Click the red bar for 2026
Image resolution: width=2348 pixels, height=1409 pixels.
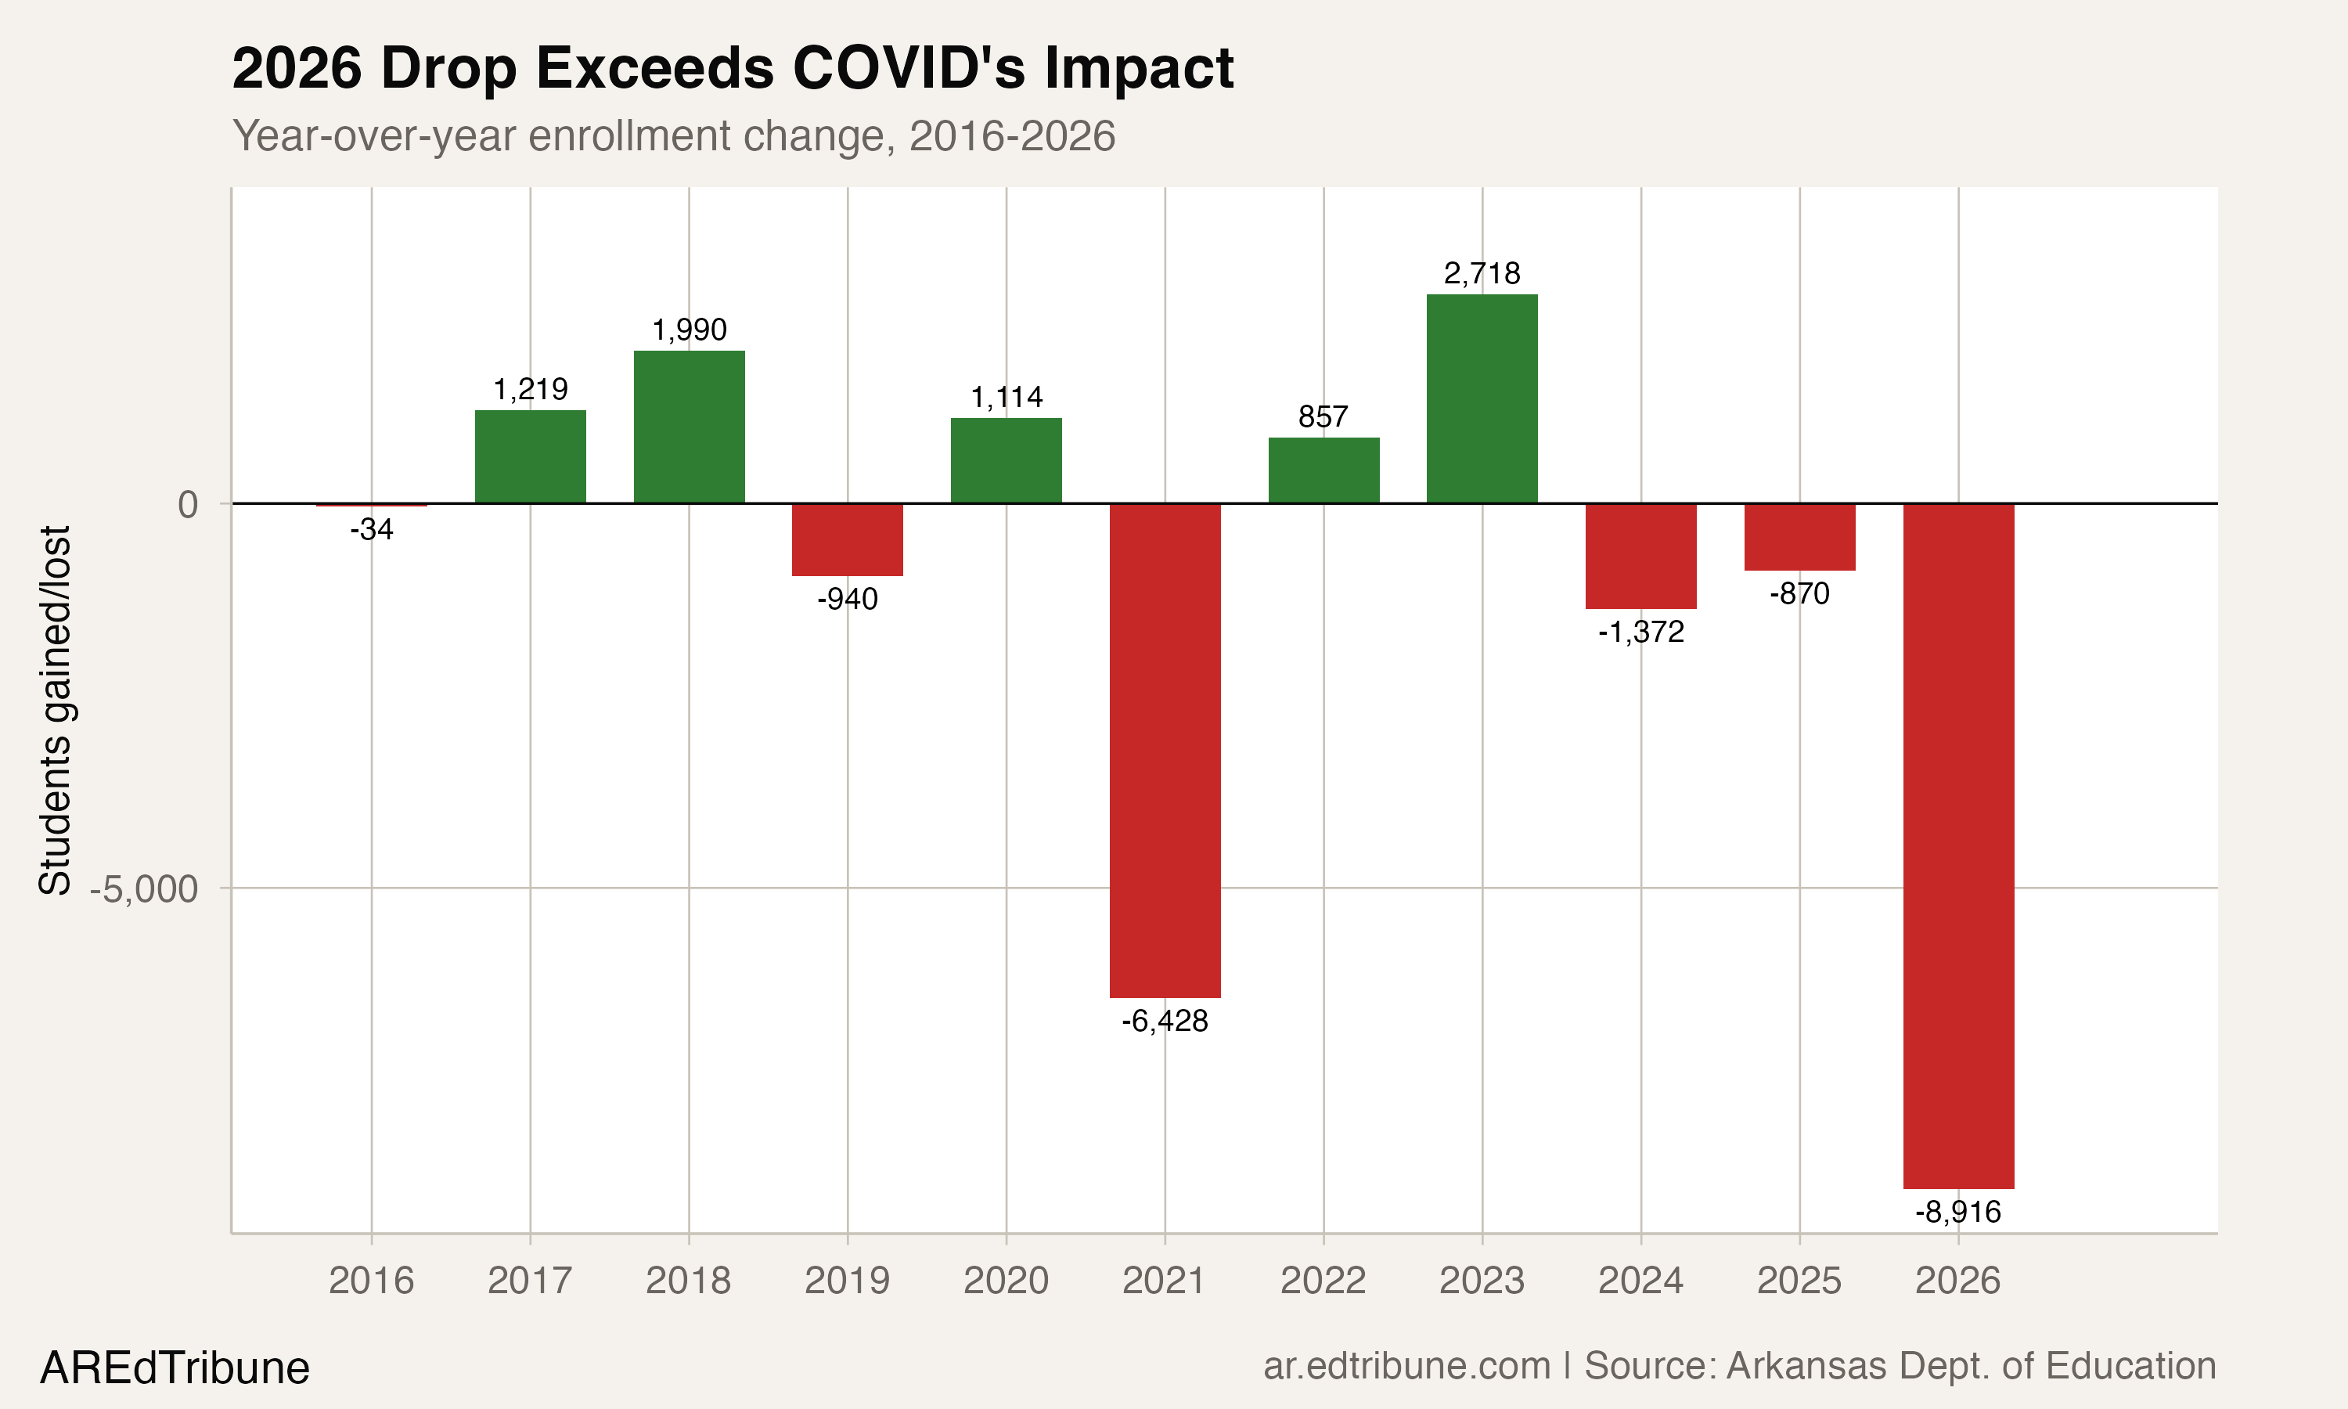coord(1958,845)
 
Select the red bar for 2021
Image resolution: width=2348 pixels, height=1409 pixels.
coord(1165,750)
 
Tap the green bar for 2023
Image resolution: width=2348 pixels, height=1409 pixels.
coord(1482,398)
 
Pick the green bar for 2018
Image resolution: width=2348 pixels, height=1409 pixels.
coord(689,427)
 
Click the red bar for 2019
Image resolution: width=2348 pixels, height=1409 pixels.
coord(848,539)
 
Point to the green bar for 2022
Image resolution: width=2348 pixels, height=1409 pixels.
coord(1323,470)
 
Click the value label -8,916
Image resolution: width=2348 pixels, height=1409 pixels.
coord(1958,1213)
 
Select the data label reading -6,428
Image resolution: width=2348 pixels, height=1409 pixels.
coord(1165,1022)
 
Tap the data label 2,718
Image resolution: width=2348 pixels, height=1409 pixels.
coord(1482,273)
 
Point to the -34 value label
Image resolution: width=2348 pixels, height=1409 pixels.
coord(371,530)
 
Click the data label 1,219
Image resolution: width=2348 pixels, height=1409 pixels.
coord(530,389)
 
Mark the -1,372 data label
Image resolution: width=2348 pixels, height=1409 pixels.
coord(1641,632)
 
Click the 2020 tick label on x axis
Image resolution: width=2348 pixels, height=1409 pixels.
coord(1006,1281)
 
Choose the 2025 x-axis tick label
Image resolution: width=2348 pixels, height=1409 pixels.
coord(1799,1281)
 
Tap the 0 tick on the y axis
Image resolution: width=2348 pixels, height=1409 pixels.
coord(188,504)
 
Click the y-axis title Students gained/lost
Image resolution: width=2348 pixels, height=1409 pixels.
coord(55,710)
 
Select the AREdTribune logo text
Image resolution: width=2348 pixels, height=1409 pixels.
coord(175,1368)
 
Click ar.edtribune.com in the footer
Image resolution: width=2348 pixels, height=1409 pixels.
coord(1406,1366)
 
